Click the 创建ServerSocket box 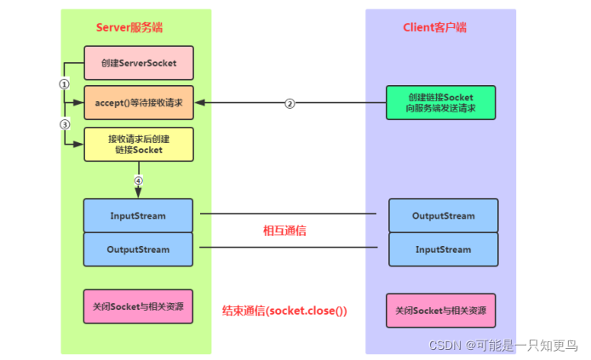[x=138, y=62]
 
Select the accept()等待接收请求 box [x=138, y=103]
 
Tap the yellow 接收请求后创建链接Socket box [x=138, y=144]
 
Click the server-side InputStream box [x=138, y=215]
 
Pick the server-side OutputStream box [x=138, y=249]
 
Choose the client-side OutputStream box [x=443, y=215]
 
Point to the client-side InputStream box [x=443, y=249]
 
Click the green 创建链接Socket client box [x=441, y=103]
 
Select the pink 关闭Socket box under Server [x=138, y=306]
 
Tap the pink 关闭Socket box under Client [x=441, y=311]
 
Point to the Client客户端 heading [x=434, y=27]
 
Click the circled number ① [x=64, y=83]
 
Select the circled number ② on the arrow [x=290, y=104]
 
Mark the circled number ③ [x=64, y=124]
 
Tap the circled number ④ [x=138, y=180]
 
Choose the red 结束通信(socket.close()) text [x=284, y=311]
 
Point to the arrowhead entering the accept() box [x=198, y=103]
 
